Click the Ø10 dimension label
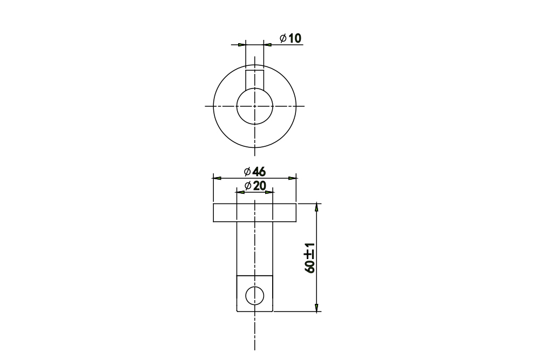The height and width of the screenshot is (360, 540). pos(291,38)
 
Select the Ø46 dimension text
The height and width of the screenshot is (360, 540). pos(255,172)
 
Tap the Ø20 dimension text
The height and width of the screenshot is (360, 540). pos(255,186)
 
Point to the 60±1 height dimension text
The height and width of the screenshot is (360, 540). pos(309,258)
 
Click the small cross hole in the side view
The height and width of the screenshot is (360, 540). pos(254,296)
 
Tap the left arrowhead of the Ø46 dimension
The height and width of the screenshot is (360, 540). pos(217,178)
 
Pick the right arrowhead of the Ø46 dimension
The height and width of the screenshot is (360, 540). pos(292,178)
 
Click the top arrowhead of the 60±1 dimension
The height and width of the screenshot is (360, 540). pos(316,208)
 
